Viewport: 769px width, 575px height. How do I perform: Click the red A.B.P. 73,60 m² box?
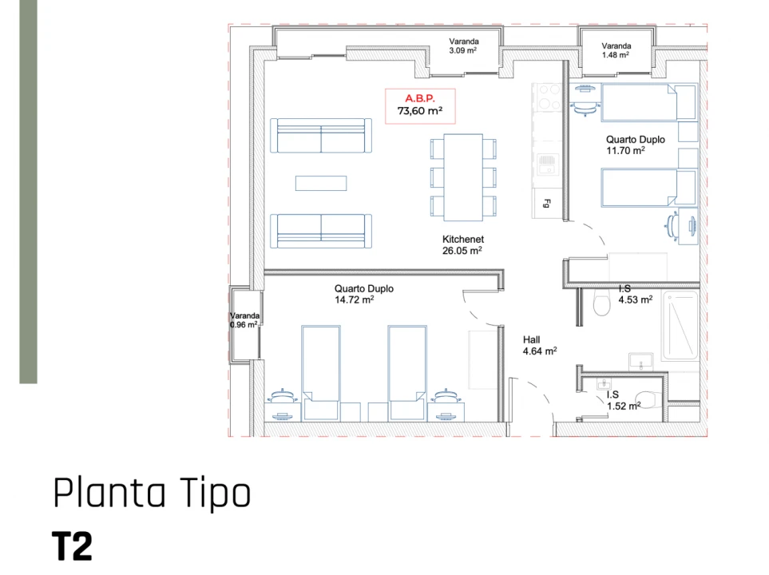[420, 105]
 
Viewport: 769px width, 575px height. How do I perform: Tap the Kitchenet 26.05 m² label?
[463, 244]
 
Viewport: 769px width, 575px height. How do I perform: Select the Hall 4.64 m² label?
[539, 344]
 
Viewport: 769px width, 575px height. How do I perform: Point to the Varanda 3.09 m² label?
[462, 46]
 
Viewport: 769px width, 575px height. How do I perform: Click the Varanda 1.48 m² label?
[616, 50]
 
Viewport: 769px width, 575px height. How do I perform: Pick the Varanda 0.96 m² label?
[244, 320]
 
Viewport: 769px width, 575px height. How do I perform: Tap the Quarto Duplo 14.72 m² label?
[363, 294]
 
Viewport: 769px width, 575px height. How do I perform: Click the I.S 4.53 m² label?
[635, 294]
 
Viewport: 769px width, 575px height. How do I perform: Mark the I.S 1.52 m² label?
[623, 400]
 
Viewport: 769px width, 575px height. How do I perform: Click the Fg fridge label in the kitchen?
[548, 203]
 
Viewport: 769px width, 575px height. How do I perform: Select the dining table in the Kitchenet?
[463, 177]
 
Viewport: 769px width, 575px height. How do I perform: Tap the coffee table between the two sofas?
[321, 184]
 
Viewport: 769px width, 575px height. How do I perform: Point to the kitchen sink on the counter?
[547, 165]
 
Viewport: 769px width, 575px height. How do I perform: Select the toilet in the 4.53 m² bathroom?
[602, 303]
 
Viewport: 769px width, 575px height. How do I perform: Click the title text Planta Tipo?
[152, 493]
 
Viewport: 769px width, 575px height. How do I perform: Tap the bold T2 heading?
[73, 546]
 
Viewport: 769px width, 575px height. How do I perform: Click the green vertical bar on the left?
[28, 192]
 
